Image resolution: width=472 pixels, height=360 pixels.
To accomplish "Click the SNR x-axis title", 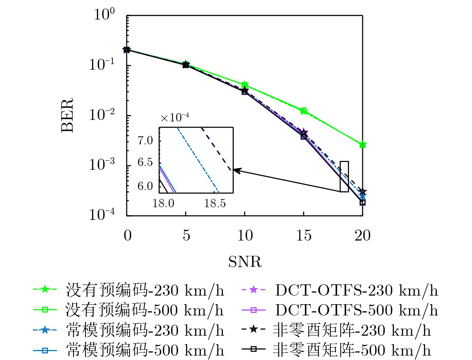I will pos(245,261).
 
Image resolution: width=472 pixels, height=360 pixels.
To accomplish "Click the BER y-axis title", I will pos(67,115).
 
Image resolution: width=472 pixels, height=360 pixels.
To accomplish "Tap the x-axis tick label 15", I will pos(303,235).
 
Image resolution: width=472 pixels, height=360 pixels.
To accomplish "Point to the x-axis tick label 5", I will pos(186,235).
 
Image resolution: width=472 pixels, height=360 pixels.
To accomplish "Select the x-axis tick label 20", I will pos(362,235).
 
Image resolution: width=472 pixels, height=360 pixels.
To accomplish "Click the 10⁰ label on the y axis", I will pos(104,15).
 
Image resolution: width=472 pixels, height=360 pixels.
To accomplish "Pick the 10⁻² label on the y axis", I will pos(102,115).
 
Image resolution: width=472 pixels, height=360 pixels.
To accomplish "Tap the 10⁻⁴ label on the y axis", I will pos(102,215).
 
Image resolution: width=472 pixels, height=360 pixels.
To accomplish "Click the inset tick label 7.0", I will pos(145,140).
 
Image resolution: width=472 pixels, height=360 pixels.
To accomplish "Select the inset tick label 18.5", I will pos(215,203).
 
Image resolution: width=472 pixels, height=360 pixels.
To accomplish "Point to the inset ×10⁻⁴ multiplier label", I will pos(175,118).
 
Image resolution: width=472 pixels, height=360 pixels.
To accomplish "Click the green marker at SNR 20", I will pos(362,145).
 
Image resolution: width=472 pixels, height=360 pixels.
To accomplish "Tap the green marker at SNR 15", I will pos(304,111).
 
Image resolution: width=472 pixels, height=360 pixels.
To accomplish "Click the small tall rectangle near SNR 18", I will pos(344,176).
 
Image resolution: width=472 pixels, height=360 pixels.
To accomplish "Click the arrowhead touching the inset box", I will pos(236,170).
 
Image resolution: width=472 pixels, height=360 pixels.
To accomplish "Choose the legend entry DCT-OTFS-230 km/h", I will pos(356,290).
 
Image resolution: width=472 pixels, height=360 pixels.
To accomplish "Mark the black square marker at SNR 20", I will pos(362,203).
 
